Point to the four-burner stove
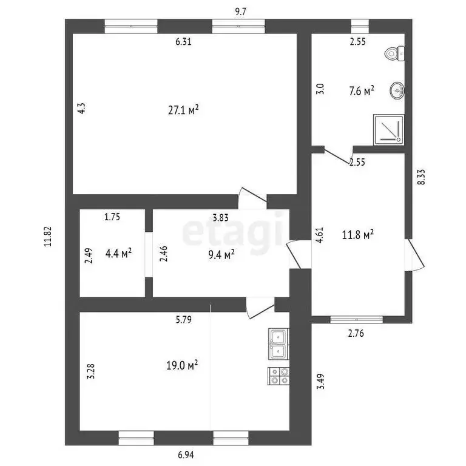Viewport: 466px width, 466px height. [x=279, y=376]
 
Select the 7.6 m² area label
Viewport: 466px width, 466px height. [x=362, y=90]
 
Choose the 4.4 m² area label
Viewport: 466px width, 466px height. [x=118, y=254]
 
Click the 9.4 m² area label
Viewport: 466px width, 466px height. [x=220, y=255]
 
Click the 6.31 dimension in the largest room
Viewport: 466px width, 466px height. [x=183, y=42]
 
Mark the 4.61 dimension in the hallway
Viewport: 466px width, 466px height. [x=319, y=234]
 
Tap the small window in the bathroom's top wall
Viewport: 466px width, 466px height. [x=360, y=25]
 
